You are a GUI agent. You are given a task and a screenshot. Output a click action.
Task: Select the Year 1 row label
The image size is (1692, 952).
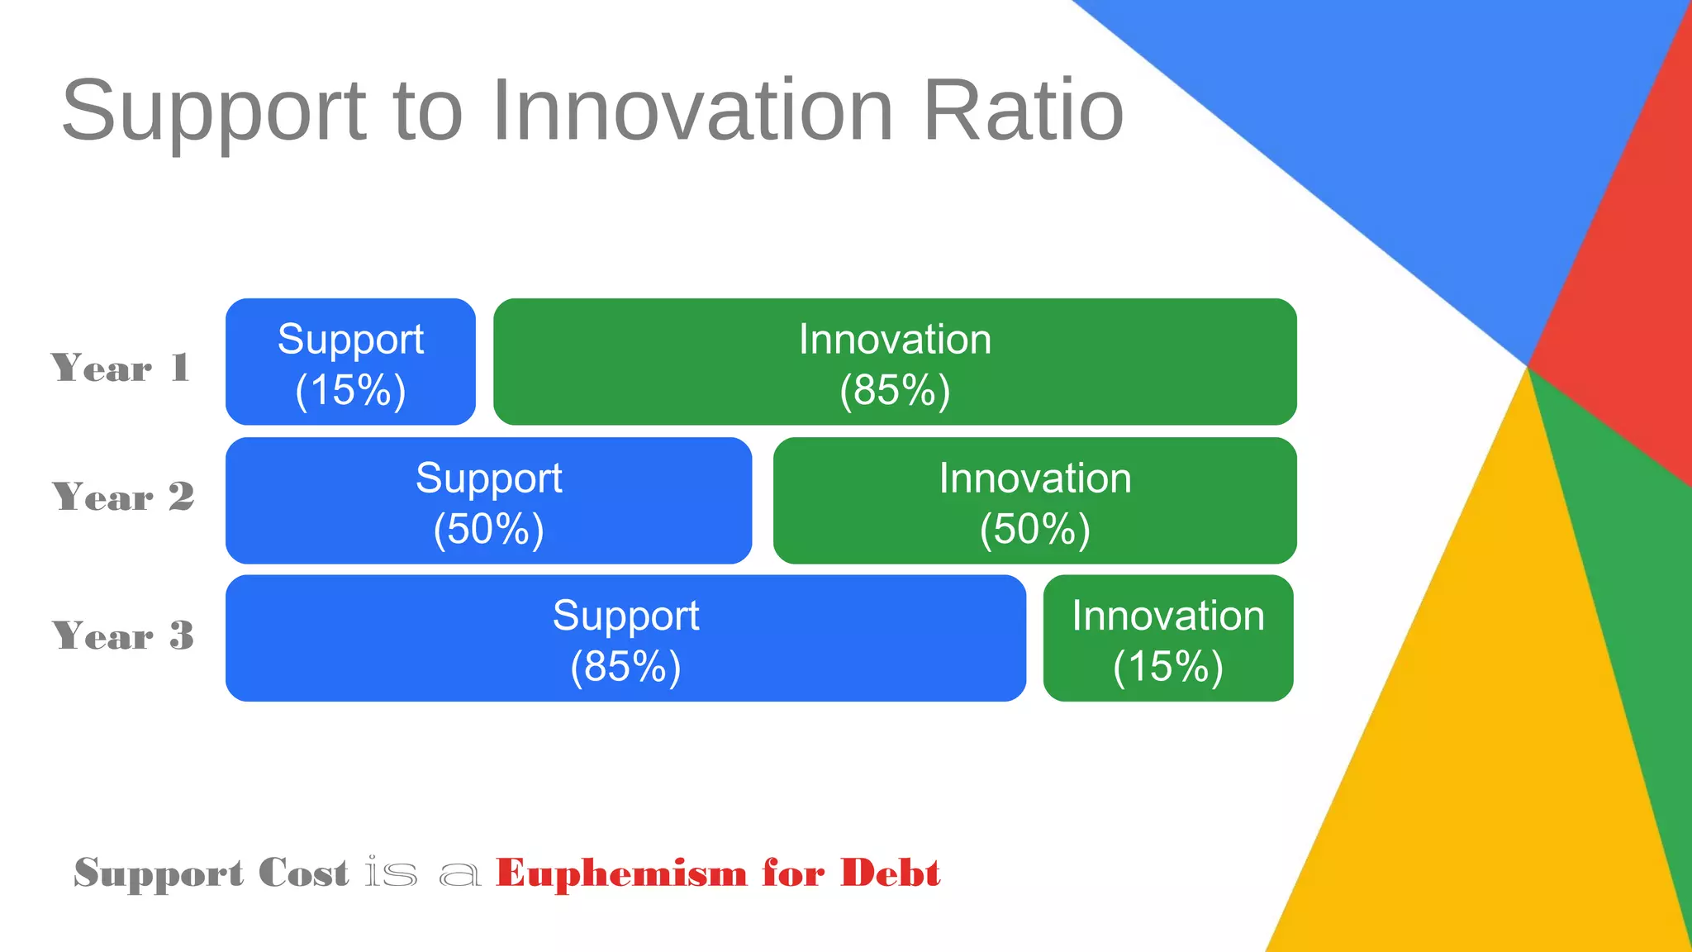tap(121, 368)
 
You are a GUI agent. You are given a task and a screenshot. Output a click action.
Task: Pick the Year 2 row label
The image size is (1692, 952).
tap(123, 497)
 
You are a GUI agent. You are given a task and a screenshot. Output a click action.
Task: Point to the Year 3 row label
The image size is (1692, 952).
tap(123, 635)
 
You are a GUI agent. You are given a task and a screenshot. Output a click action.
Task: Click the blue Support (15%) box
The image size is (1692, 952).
tap(350, 362)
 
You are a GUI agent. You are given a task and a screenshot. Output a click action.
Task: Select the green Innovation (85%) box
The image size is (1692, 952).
tap(895, 362)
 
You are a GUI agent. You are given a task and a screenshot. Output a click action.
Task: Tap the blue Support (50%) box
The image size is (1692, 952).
tap(488, 501)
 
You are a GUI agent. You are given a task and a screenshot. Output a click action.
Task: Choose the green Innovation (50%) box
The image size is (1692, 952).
tap(1034, 501)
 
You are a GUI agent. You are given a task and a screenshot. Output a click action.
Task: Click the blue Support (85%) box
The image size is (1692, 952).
tap(625, 638)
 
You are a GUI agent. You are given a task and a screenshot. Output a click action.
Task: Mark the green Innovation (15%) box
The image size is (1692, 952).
tap(1167, 638)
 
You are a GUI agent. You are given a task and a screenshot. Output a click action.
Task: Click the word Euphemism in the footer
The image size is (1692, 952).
tap(621, 873)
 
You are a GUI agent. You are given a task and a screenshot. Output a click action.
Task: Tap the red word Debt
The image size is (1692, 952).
tap(890, 873)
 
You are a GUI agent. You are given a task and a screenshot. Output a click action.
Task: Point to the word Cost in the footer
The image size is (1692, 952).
tap(303, 873)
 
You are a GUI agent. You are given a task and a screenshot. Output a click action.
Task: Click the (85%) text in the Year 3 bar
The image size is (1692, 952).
tap(625, 666)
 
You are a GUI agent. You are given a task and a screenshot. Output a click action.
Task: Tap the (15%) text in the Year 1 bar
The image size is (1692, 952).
tap(350, 390)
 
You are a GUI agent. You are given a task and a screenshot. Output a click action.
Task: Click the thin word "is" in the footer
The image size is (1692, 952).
tap(391, 873)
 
